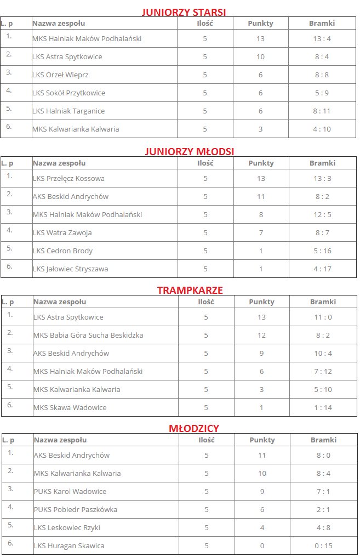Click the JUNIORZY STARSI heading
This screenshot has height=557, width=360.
(x=184, y=12)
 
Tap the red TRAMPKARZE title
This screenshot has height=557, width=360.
(x=190, y=290)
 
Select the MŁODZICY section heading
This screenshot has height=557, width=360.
(x=194, y=428)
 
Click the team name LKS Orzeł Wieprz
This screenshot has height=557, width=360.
(x=60, y=75)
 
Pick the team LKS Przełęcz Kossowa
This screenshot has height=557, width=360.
(x=68, y=178)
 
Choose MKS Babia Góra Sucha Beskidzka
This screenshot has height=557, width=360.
(x=88, y=335)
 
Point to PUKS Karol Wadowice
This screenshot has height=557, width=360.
(x=70, y=491)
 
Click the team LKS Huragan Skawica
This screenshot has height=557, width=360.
(x=69, y=545)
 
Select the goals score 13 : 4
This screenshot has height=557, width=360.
(x=322, y=38)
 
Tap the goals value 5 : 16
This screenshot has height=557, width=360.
(x=322, y=251)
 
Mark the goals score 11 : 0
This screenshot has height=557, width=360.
(x=323, y=317)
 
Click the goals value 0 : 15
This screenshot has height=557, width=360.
(x=323, y=545)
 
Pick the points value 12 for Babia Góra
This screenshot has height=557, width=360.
(x=261, y=335)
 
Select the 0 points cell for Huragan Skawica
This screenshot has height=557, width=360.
(x=262, y=545)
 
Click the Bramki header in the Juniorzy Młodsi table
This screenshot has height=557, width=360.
(x=322, y=163)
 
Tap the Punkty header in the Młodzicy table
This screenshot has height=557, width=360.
(x=262, y=440)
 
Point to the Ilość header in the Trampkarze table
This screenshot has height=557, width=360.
(x=206, y=302)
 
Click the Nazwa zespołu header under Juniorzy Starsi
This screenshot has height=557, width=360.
(x=59, y=23)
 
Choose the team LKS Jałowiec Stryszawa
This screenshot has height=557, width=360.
(x=70, y=269)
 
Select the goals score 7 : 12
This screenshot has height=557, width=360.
(x=323, y=371)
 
